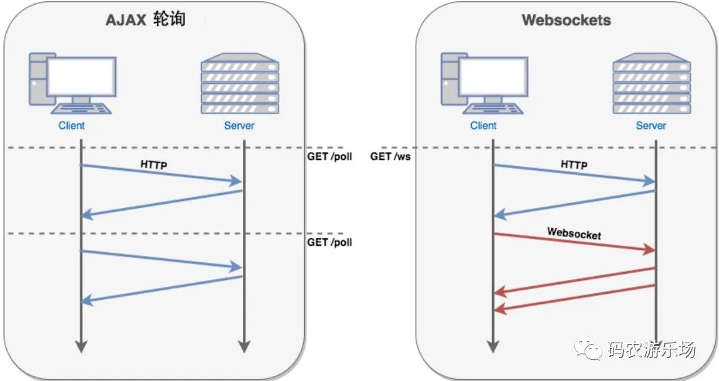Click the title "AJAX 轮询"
click(145, 20)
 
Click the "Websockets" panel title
click(566, 20)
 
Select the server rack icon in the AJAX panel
click(240, 83)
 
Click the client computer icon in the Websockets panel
click(484, 83)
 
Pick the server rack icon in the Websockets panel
click(652, 83)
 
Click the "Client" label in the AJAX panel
click(71, 126)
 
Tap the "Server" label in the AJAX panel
click(239, 126)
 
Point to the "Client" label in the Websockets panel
click(483, 126)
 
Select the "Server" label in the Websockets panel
click(650, 126)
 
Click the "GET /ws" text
click(390, 157)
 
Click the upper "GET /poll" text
click(330, 157)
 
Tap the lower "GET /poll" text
click(330, 242)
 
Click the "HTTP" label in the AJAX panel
click(154, 164)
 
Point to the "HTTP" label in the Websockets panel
click(574, 164)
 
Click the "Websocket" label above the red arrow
click(574, 233)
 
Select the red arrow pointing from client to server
click(574, 242)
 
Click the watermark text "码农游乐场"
click(652, 349)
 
